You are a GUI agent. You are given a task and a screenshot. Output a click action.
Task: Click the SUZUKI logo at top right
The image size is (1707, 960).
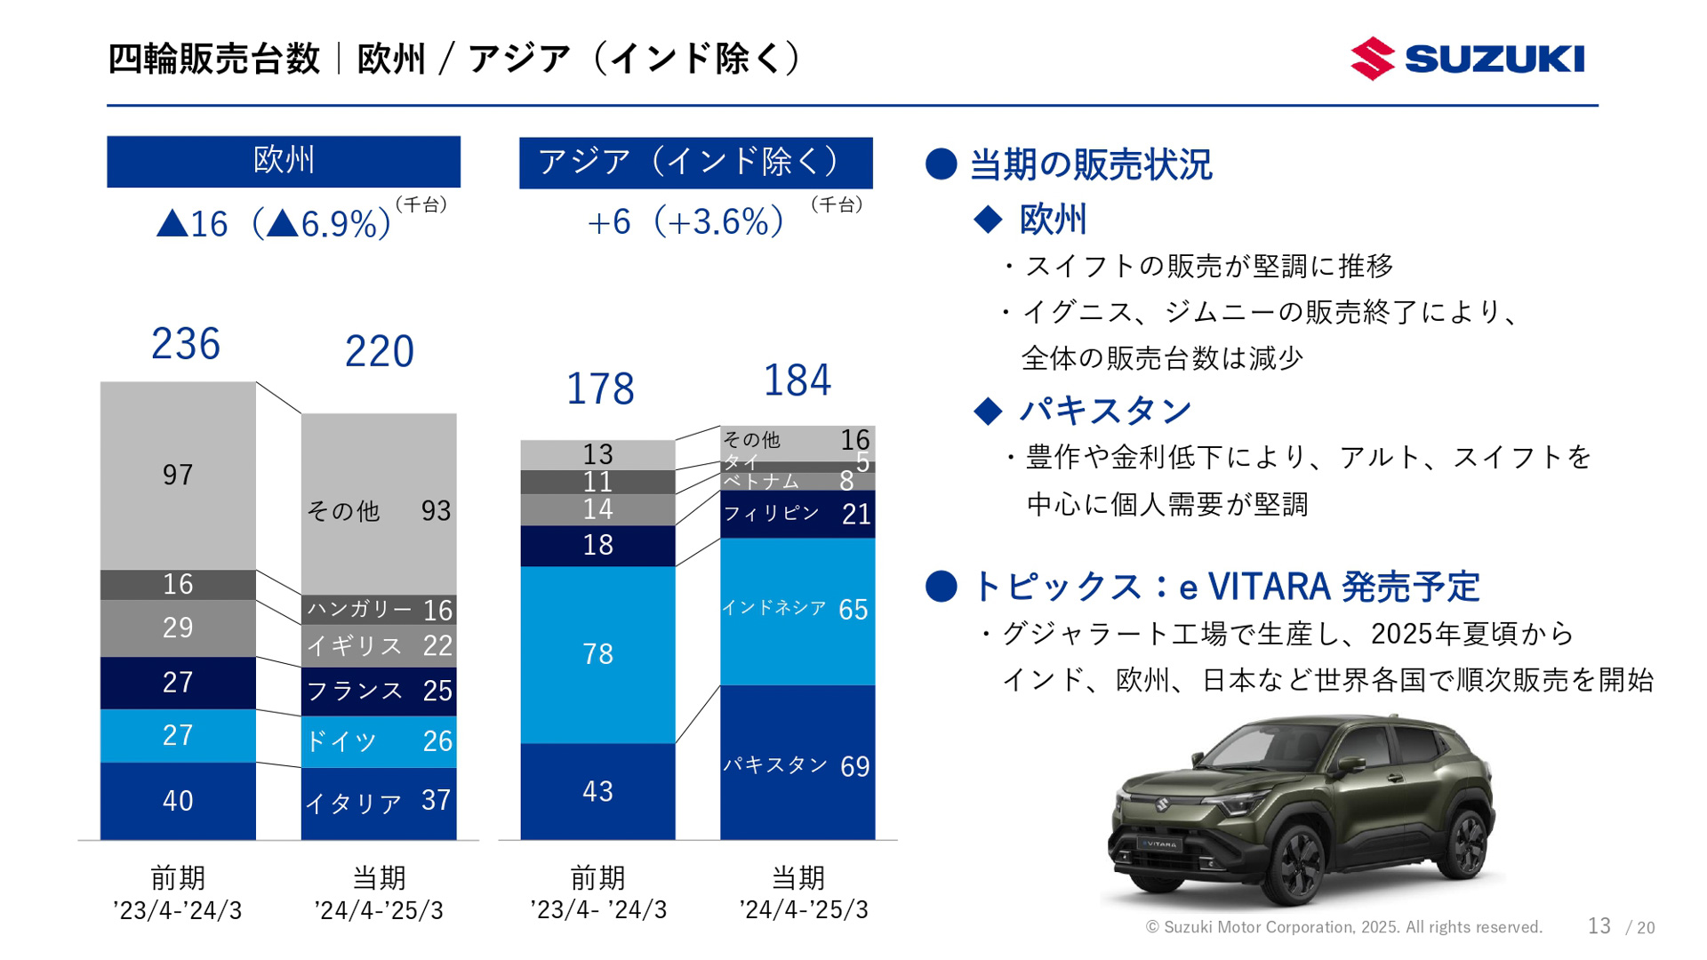click(1467, 59)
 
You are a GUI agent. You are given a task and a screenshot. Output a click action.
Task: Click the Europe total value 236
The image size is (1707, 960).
click(185, 344)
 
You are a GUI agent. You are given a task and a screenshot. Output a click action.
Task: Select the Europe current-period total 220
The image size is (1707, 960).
click(379, 351)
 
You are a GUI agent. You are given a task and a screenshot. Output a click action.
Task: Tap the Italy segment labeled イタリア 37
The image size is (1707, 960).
click(379, 803)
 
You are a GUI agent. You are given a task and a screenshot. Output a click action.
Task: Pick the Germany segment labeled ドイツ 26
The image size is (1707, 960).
click(379, 741)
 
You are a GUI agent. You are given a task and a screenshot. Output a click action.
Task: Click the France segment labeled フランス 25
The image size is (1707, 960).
click(379, 691)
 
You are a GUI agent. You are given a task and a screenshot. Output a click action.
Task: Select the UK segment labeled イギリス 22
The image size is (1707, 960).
click(379, 646)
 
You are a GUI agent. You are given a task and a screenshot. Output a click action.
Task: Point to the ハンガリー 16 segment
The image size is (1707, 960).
click(379, 610)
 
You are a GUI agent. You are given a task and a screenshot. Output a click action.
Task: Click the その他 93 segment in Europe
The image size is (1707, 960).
click(379, 510)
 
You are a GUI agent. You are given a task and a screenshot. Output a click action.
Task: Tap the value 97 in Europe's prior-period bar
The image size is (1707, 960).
click(178, 476)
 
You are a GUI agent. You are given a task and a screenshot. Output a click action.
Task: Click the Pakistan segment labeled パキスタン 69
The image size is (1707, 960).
click(797, 765)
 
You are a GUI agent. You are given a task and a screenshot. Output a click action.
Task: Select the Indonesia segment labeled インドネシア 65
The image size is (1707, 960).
click(797, 610)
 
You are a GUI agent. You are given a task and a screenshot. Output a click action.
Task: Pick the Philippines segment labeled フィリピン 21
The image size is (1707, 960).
click(797, 514)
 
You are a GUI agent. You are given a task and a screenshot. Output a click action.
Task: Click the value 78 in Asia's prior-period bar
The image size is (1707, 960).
click(597, 654)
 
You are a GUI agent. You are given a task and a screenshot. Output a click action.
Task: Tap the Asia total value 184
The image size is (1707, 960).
click(797, 380)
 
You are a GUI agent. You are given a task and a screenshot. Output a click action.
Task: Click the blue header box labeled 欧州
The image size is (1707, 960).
click(284, 161)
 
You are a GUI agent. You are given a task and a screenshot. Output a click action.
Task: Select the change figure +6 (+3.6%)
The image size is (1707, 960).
click(685, 222)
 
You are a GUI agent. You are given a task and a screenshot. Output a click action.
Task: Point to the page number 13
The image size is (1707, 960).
click(1599, 926)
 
